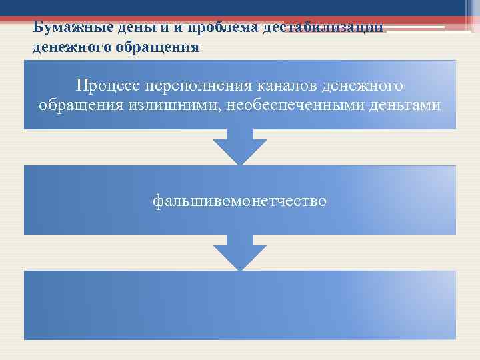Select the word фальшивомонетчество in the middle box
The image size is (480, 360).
click(240, 200)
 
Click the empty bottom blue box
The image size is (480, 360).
click(240, 305)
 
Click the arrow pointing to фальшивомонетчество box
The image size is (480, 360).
click(240, 148)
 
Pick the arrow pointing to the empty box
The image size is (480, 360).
click(240, 253)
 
